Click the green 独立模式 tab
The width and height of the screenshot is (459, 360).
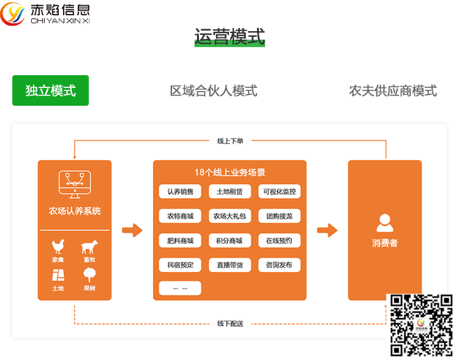[x=50, y=90]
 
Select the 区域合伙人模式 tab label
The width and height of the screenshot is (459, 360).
[x=214, y=90]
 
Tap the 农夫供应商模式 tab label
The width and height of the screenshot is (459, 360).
[x=393, y=90]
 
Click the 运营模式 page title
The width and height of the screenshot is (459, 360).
[x=229, y=37]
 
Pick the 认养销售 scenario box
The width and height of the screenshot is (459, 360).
[x=180, y=192]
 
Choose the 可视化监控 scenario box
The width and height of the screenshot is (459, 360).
[x=279, y=192]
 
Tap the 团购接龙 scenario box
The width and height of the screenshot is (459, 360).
[x=279, y=216]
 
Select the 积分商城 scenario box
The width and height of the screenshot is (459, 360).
[x=229, y=240]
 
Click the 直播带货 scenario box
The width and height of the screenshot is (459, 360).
[x=229, y=264]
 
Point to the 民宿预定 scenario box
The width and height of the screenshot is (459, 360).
[x=180, y=264]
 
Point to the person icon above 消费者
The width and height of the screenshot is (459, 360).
[x=384, y=222]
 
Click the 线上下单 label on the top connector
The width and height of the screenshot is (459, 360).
[x=230, y=141]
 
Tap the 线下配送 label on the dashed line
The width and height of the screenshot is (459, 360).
[x=230, y=323]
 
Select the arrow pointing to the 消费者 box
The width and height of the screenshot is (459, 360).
[x=327, y=230]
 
